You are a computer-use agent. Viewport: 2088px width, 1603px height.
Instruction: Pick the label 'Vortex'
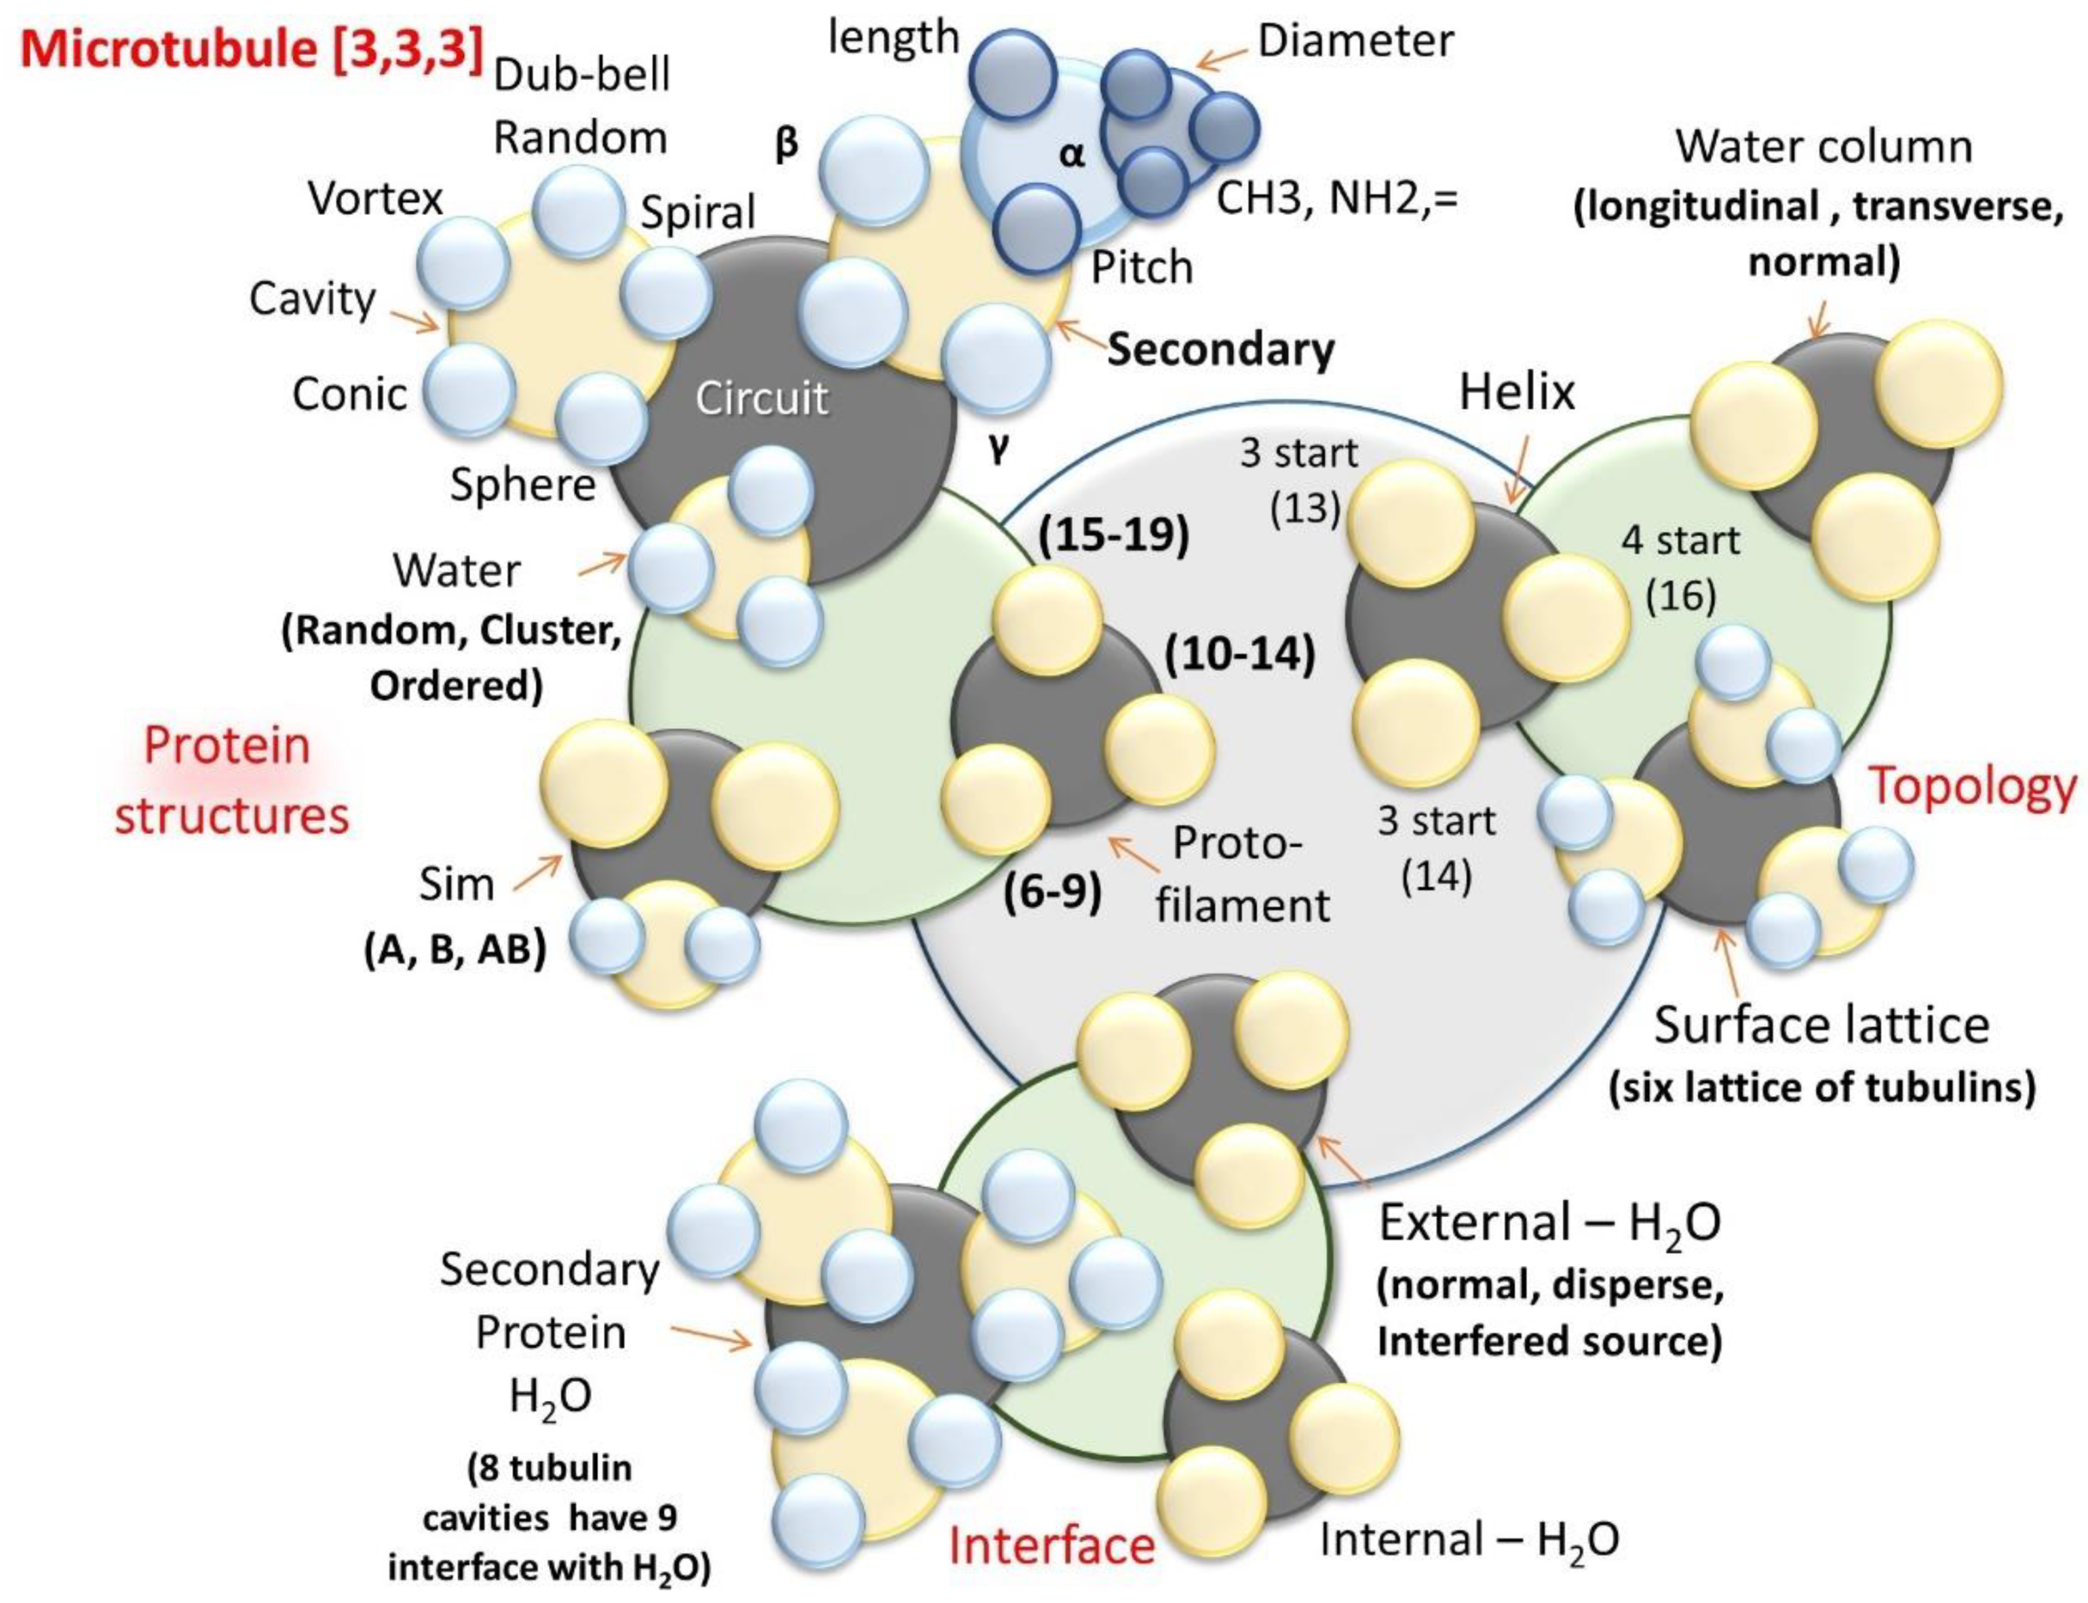(375, 199)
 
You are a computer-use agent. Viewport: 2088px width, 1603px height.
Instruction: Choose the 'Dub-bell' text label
(582, 75)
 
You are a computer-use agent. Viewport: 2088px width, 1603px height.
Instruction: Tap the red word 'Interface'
(1051, 1545)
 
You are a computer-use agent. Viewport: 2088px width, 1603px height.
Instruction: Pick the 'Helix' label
(1516, 391)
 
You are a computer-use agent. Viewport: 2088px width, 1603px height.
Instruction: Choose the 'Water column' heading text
(1823, 147)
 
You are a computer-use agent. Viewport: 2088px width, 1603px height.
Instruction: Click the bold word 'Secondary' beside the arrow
(1220, 350)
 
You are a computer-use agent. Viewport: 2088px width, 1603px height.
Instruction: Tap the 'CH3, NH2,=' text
(1338, 199)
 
